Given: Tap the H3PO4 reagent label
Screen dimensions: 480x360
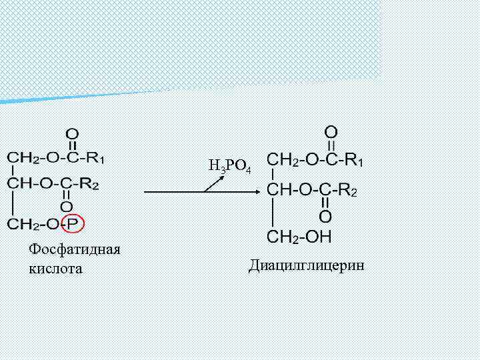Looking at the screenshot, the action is tap(229, 166).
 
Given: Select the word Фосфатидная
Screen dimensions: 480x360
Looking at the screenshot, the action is tap(74, 249).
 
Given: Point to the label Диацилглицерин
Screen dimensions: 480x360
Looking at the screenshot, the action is tap(307, 266).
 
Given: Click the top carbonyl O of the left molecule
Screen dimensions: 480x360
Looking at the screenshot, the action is tap(71, 134).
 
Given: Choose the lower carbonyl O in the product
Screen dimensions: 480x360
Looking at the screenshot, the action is tap(325, 216).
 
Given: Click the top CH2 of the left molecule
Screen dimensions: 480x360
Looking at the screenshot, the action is tap(21, 159).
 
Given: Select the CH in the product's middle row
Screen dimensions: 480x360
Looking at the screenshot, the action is tap(279, 190).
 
